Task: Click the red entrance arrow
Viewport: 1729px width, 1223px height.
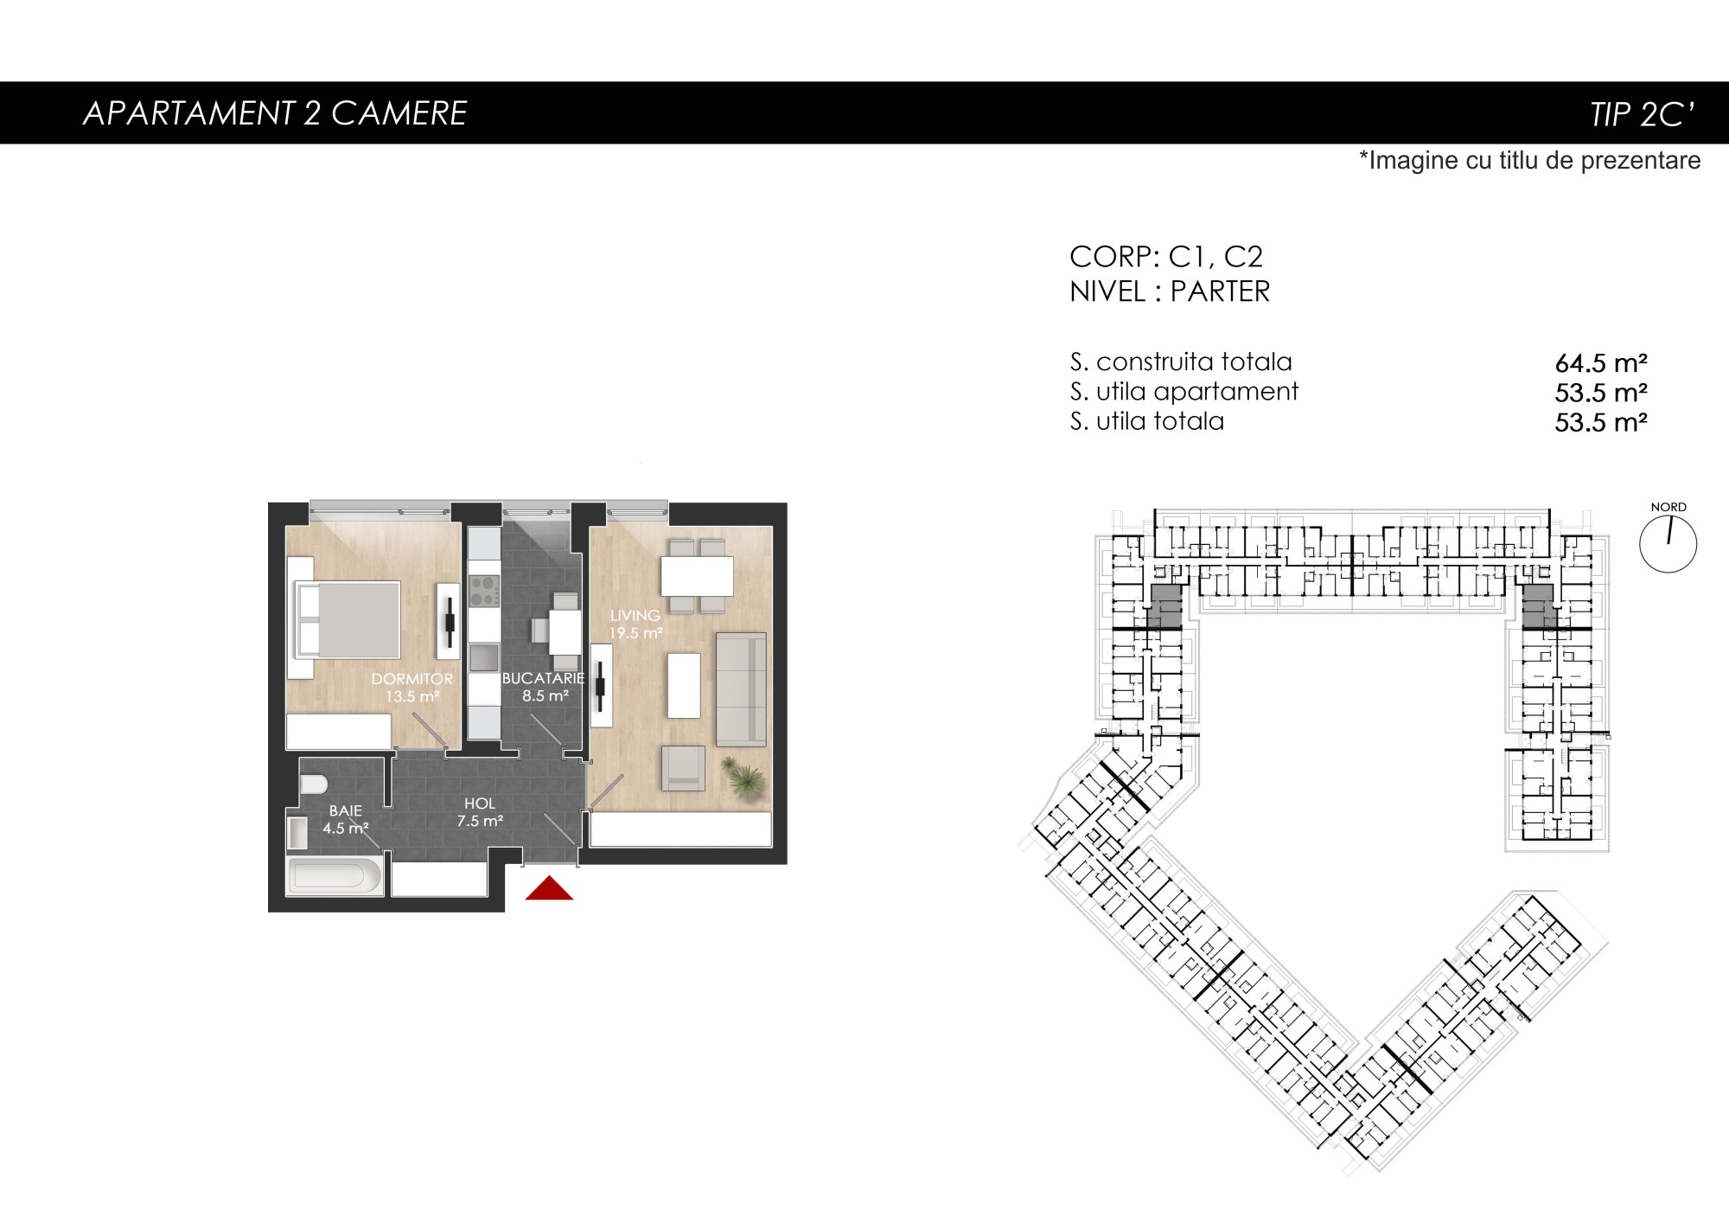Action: (x=549, y=888)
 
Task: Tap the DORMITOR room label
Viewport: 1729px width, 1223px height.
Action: (x=412, y=679)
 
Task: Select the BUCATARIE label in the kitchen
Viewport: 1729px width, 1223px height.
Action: (x=543, y=679)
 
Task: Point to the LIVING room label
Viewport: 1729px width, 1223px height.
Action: (x=635, y=616)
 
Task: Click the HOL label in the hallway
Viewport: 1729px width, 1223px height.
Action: (x=480, y=804)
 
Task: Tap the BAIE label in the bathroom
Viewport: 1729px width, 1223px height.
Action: (x=345, y=811)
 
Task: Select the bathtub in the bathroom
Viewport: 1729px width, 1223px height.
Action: (x=334, y=876)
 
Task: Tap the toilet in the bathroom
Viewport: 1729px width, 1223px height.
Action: (x=313, y=784)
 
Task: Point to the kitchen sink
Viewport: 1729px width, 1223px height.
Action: (x=484, y=657)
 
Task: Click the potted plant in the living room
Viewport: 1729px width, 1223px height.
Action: (x=743, y=777)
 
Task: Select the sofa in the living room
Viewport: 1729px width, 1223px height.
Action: (x=741, y=688)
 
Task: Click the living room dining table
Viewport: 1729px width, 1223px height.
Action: (x=697, y=575)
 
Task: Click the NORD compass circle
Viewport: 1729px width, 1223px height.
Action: (x=1668, y=544)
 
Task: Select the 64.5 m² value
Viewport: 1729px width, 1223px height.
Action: (x=1601, y=363)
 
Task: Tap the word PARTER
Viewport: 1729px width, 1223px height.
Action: (x=1220, y=292)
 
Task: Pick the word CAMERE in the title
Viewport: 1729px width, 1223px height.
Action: (x=399, y=113)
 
